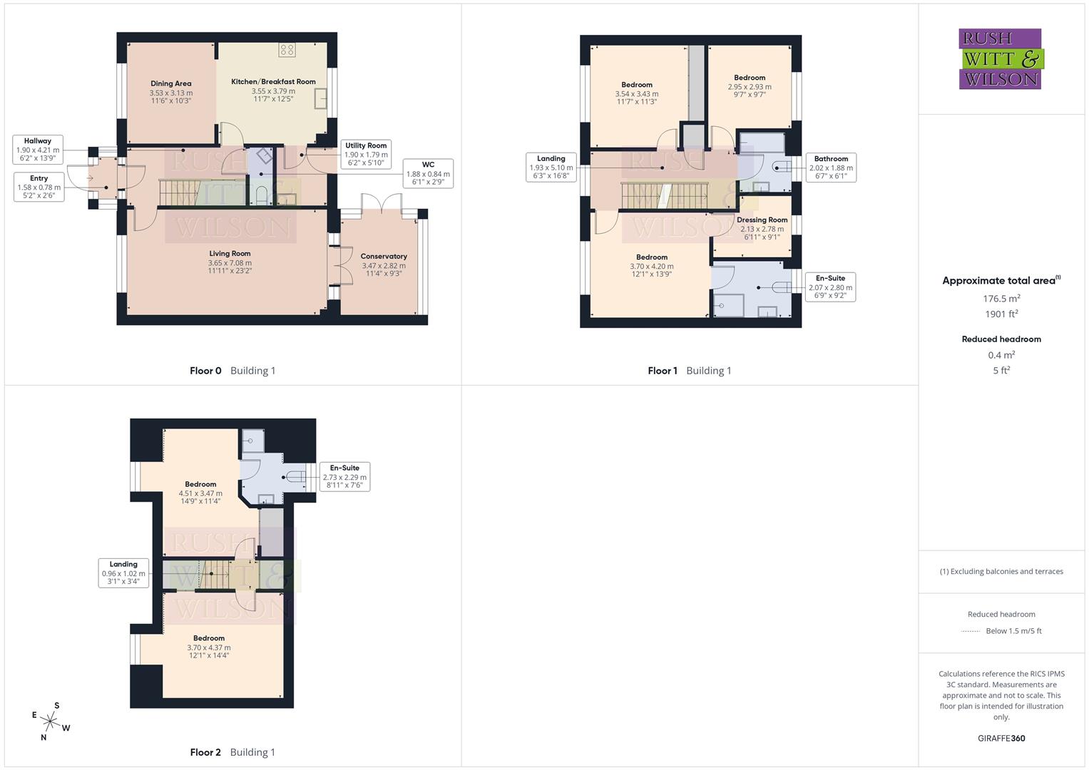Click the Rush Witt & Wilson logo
click(1001, 58)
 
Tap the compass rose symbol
click(51, 722)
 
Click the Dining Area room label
click(171, 84)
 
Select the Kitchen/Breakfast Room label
click(273, 82)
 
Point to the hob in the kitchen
click(287, 50)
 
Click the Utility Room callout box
click(366, 154)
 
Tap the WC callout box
click(428, 173)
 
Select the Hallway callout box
click(38, 150)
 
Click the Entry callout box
click(39, 187)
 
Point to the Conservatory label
click(384, 257)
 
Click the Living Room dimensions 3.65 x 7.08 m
click(230, 263)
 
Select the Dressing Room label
click(762, 220)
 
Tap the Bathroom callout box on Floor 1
click(831, 168)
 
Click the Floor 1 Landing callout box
click(551, 168)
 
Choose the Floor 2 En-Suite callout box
click(344, 476)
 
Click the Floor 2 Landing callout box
click(123, 573)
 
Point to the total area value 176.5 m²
click(1001, 299)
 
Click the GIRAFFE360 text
click(1001, 739)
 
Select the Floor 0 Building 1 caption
click(232, 371)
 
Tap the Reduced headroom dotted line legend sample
click(971, 631)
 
